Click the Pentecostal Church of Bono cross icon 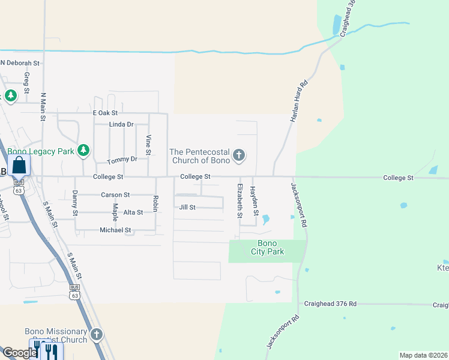click(x=239, y=155)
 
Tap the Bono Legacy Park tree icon click(x=84, y=151)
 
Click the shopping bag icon click(x=19, y=165)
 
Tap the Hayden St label click(x=255, y=201)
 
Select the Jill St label click(x=187, y=207)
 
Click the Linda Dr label click(x=121, y=124)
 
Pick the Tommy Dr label click(x=122, y=160)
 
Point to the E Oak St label click(x=105, y=113)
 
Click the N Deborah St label click(x=20, y=62)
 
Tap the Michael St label click(x=115, y=230)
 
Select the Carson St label click(x=115, y=195)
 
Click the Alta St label click(x=133, y=212)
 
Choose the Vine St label click(x=148, y=144)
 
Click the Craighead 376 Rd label click(x=330, y=304)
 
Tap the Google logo click(x=19, y=353)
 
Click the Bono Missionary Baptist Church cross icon click(x=97, y=334)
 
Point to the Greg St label click(x=26, y=83)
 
